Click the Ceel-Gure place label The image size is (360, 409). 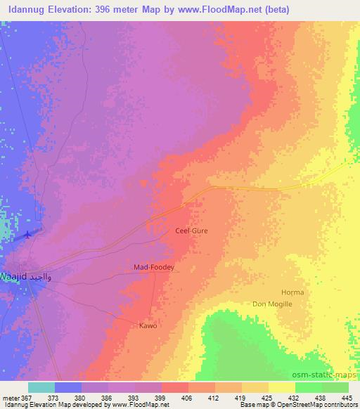click(x=191, y=230)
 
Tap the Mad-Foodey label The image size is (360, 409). click(x=153, y=268)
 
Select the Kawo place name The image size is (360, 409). click(x=148, y=325)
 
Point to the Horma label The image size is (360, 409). click(x=292, y=292)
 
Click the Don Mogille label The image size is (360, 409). click(x=272, y=304)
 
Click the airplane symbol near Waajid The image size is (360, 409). click(x=27, y=234)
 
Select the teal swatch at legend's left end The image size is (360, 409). click(x=41, y=387)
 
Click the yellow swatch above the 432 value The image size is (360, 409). click(x=282, y=387)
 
